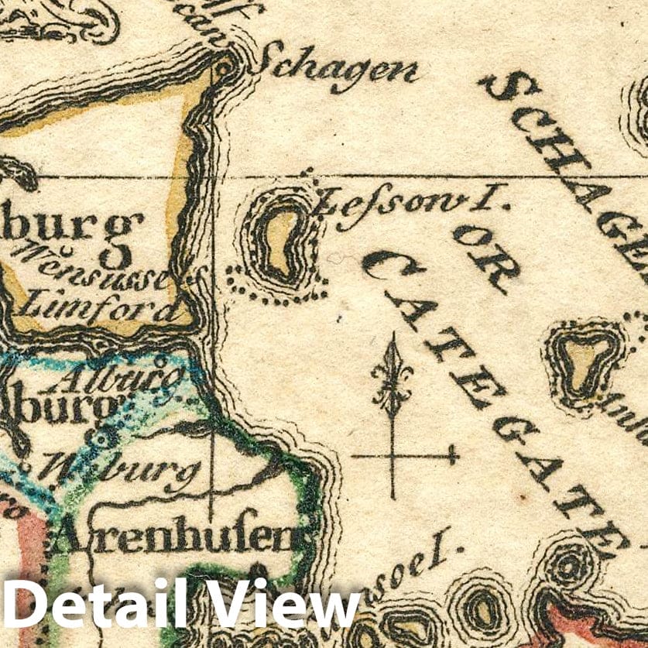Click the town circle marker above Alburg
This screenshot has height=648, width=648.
(x=160, y=361)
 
